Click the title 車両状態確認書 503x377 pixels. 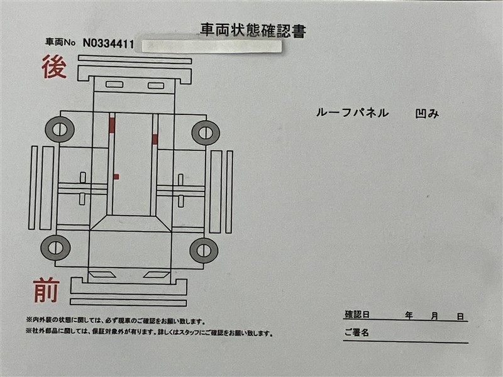(x=253, y=31)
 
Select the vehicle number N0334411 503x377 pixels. (x=108, y=43)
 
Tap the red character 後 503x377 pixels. (x=54, y=67)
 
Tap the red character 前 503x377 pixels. (x=47, y=290)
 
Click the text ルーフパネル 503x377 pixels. (x=352, y=112)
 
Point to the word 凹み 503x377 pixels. (x=427, y=114)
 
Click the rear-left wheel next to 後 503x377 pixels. (x=60, y=129)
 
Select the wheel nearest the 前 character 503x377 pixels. (x=55, y=248)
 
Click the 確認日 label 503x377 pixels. (x=357, y=315)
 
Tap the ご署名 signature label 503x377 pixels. (x=357, y=332)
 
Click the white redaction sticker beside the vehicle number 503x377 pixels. (x=211, y=46)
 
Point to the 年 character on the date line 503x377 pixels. (x=409, y=316)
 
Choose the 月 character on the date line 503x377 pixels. (x=434, y=316)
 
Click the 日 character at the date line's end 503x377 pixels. (x=460, y=317)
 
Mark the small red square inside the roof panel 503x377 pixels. (x=116, y=177)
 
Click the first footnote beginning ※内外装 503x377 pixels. (x=116, y=320)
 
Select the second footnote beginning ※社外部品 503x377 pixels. (x=150, y=332)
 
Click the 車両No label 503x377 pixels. (x=60, y=42)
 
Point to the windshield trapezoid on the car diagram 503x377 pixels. (x=131, y=223)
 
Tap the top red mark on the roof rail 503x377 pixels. (x=112, y=125)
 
